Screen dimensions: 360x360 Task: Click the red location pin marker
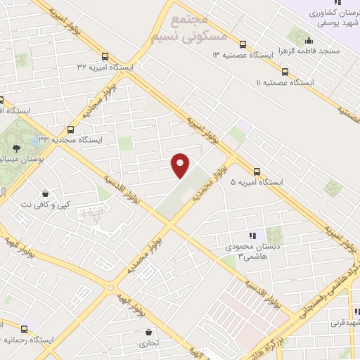pyautogui.click(x=181, y=165)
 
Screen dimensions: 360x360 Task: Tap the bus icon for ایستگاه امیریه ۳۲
pyautogui.click(x=105, y=56)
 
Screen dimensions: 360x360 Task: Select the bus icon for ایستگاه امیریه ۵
pyautogui.click(x=257, y=171)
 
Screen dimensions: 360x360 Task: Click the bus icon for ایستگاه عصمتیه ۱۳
pyautogui.click(x=243, y=42)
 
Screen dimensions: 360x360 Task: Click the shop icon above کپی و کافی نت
pyautogui.click(x=46, y=194)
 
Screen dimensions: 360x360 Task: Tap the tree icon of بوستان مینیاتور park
pyautogui.click(x=15, y=147)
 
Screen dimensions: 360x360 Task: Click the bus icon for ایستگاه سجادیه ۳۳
pyautogui.click(x=70, y=129)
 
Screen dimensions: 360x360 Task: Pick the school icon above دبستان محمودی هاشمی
pyautogui.click(x=251, y=236)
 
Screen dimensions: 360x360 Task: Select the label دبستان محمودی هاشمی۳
pyautogui.click(x=243, y=251)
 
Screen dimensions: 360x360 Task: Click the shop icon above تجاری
pyautogui.click(x=148, y=333)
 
